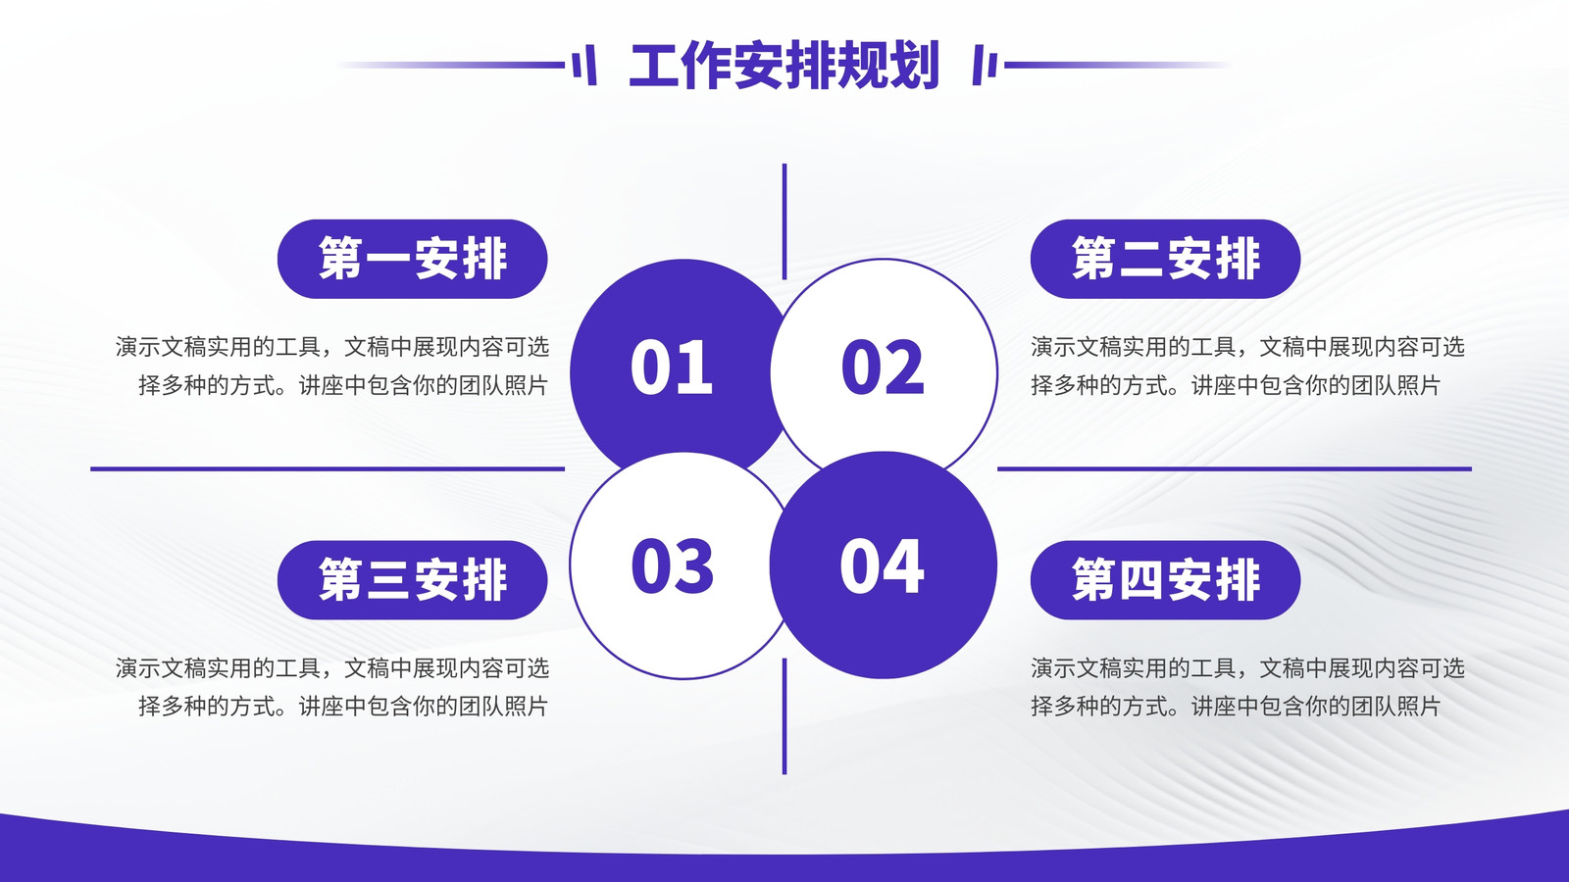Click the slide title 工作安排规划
click(784, 65)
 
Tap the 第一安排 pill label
click(413, 259)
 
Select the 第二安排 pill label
click(1166, 259)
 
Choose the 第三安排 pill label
click(413, 580)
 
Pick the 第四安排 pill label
click(1166, 580)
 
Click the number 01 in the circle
click(671, 367)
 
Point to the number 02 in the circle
click(883, 367)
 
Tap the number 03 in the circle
click(673, 566)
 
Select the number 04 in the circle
click(882, 566)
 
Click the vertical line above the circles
click(784, 221)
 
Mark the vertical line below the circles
click(784, 716)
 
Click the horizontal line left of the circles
click(328, 469)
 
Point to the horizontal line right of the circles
click(1235, 469)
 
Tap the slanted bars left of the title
click(584, 65)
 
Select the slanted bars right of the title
click(985, 65)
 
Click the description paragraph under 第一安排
click(332, 367)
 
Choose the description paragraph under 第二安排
click(1247, 367)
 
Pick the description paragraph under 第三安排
click(332, 687)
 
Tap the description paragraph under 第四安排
click(1247, 687)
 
